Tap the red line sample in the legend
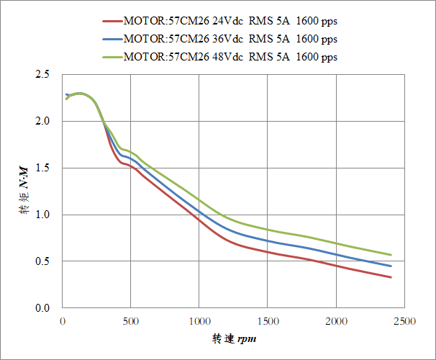click(113, 21)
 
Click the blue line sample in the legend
click(113, 39)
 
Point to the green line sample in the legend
click(113, 56)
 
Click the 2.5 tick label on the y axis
click(42, 75)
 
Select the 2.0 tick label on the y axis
click(42, 122)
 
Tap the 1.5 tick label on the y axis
click(42, 168)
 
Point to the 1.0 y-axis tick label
click(42, 215)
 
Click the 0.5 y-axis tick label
click(42, 261)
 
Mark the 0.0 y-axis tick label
click(42, 308)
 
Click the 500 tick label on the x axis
click(131, 320)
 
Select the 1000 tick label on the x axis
click(199, 320)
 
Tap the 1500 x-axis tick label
click(268, 320)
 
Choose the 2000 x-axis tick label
click(336, 320)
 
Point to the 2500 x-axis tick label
click(404, 320)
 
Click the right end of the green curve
click(391, 255)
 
